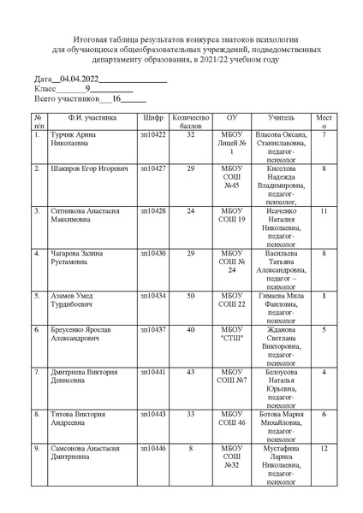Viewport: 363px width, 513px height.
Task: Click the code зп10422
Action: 153,134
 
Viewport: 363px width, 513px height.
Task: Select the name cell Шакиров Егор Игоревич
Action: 92,170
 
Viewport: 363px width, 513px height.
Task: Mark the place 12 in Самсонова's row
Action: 324,448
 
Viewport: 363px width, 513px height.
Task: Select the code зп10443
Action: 153,415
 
